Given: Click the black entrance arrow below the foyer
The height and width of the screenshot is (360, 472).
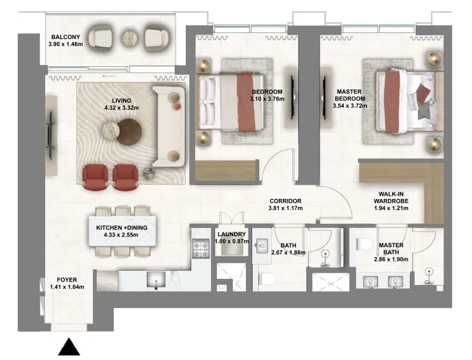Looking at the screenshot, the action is (x=69, y=347).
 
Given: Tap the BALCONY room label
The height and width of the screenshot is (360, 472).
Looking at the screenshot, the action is (x=66, y=37).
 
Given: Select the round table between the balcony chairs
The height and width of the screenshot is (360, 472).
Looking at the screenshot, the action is (x=130, y=38).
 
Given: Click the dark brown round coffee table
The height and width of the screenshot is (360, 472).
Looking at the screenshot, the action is (x=129, y=131).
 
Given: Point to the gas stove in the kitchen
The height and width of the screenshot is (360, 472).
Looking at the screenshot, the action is (x=201, y=248).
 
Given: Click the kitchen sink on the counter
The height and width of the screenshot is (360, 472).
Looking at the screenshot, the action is (x=156, y=279).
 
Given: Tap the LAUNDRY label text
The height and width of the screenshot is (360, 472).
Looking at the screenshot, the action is (x=232, y=234).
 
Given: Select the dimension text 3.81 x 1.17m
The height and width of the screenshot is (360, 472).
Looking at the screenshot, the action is (x=286, y=208).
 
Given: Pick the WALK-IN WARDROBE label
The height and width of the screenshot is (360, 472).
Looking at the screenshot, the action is (x=391, y=198).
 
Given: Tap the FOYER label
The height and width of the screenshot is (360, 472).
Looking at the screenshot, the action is (x=67, y=280).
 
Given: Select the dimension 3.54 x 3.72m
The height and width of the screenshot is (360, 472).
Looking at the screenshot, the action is (x=350, y=106).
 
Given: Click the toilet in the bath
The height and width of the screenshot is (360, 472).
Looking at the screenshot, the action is (x=267, y=279).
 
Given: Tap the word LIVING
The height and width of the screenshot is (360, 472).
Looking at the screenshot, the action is (x=121, y=100).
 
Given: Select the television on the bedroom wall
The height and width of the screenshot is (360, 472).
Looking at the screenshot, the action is (x=292, y=96).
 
